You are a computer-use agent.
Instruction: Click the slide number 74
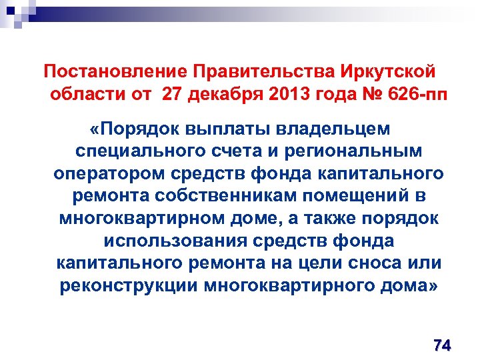441,345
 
